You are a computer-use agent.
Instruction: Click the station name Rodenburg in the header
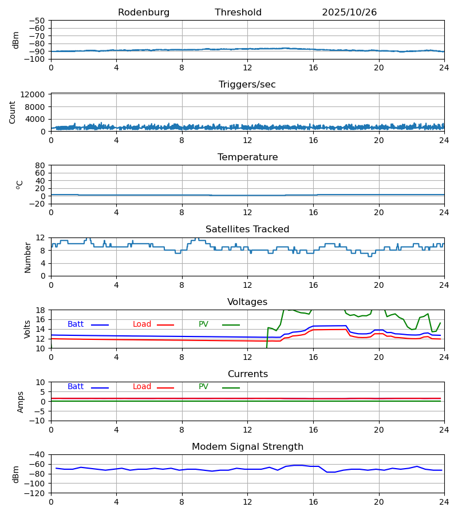coord(144,13)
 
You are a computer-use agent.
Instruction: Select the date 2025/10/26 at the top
coord(349,13)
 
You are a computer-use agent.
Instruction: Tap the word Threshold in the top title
coord(238,13)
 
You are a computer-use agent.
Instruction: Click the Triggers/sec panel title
coord(247,85)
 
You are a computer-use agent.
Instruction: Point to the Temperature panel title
coord(247,157)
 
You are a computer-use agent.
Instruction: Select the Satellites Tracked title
coord(247,229)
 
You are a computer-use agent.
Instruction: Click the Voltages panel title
coord(247,302)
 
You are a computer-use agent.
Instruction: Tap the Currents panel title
coord(247,374)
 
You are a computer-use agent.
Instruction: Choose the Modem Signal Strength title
coord(247,447)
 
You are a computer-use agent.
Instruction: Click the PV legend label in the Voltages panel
coord(203,324)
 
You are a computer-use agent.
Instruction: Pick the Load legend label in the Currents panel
coord(142,387)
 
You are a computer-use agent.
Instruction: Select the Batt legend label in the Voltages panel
coord(76,324)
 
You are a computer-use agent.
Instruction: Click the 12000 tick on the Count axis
coord(35,94)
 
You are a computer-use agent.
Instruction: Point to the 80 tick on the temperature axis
coord(40,165)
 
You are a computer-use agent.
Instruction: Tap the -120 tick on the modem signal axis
coord(35,493)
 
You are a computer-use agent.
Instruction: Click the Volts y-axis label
coord(28,329)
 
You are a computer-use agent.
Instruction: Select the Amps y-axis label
coord(21,402)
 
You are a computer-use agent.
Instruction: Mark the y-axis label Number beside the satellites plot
coord(28,257)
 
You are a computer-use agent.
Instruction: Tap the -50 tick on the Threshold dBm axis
coord(38,21)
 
